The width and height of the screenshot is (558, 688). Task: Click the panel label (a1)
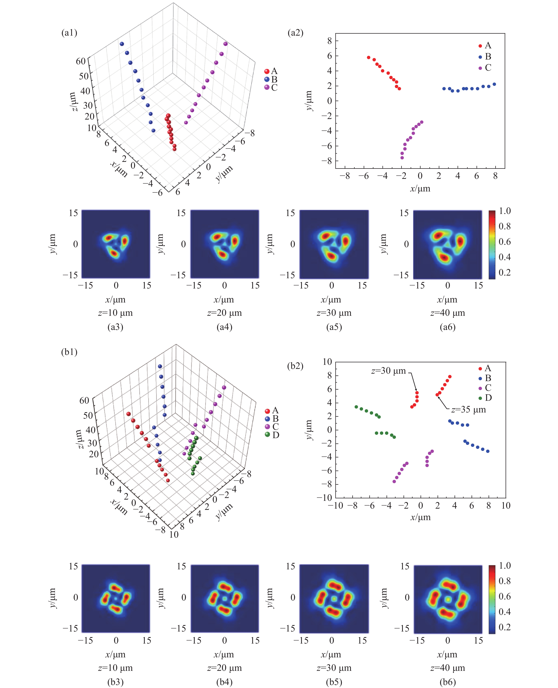tap(69, 33)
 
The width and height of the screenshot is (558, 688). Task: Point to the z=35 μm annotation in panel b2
tap(468, 410)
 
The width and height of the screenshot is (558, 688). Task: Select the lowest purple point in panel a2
tap(402, 158)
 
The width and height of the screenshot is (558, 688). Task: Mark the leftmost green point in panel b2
tap(356, 407)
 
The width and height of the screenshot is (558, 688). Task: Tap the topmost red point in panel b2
tap(450, 377)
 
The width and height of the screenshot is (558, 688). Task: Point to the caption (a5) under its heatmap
tap(334, 327)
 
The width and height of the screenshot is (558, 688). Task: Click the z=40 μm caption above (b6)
tap(447, 668)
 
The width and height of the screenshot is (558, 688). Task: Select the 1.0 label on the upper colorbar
tap(505, 211)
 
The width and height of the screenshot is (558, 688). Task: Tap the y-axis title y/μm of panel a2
tap(309, 101)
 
